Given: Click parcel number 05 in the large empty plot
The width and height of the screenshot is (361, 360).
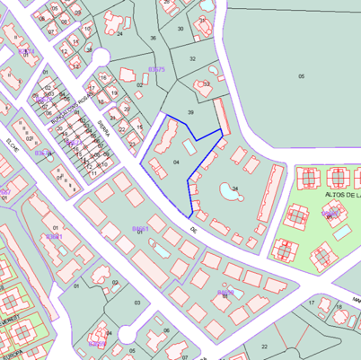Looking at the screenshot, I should (x=301, y=76).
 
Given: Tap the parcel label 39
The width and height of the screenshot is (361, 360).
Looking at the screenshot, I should (x=190, y=112).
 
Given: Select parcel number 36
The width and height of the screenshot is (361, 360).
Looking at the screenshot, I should (x=153, y=38).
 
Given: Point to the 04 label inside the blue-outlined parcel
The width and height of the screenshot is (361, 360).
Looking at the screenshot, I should (x=176, y=162).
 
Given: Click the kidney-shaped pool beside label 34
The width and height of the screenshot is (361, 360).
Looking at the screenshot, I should (x=225, y=190).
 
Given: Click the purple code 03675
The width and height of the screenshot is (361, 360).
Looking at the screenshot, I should (x=156, y=69).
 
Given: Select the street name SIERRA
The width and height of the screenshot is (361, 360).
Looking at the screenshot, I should (x=104, y=131).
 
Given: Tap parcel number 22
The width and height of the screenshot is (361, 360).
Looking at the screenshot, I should (x=264, y=346).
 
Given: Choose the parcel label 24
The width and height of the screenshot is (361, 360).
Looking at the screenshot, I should (x=119, y=34).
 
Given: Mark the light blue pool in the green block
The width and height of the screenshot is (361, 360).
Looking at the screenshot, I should (x=342, y=232).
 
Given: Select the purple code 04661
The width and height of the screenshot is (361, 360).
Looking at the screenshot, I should (x=139, y=229).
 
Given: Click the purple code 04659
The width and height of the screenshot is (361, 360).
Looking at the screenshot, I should (x=225, y=293).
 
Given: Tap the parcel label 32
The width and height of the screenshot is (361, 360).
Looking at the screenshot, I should (x=192, y=58).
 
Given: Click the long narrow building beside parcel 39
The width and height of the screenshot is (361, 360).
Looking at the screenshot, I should (x=221, y=117).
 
